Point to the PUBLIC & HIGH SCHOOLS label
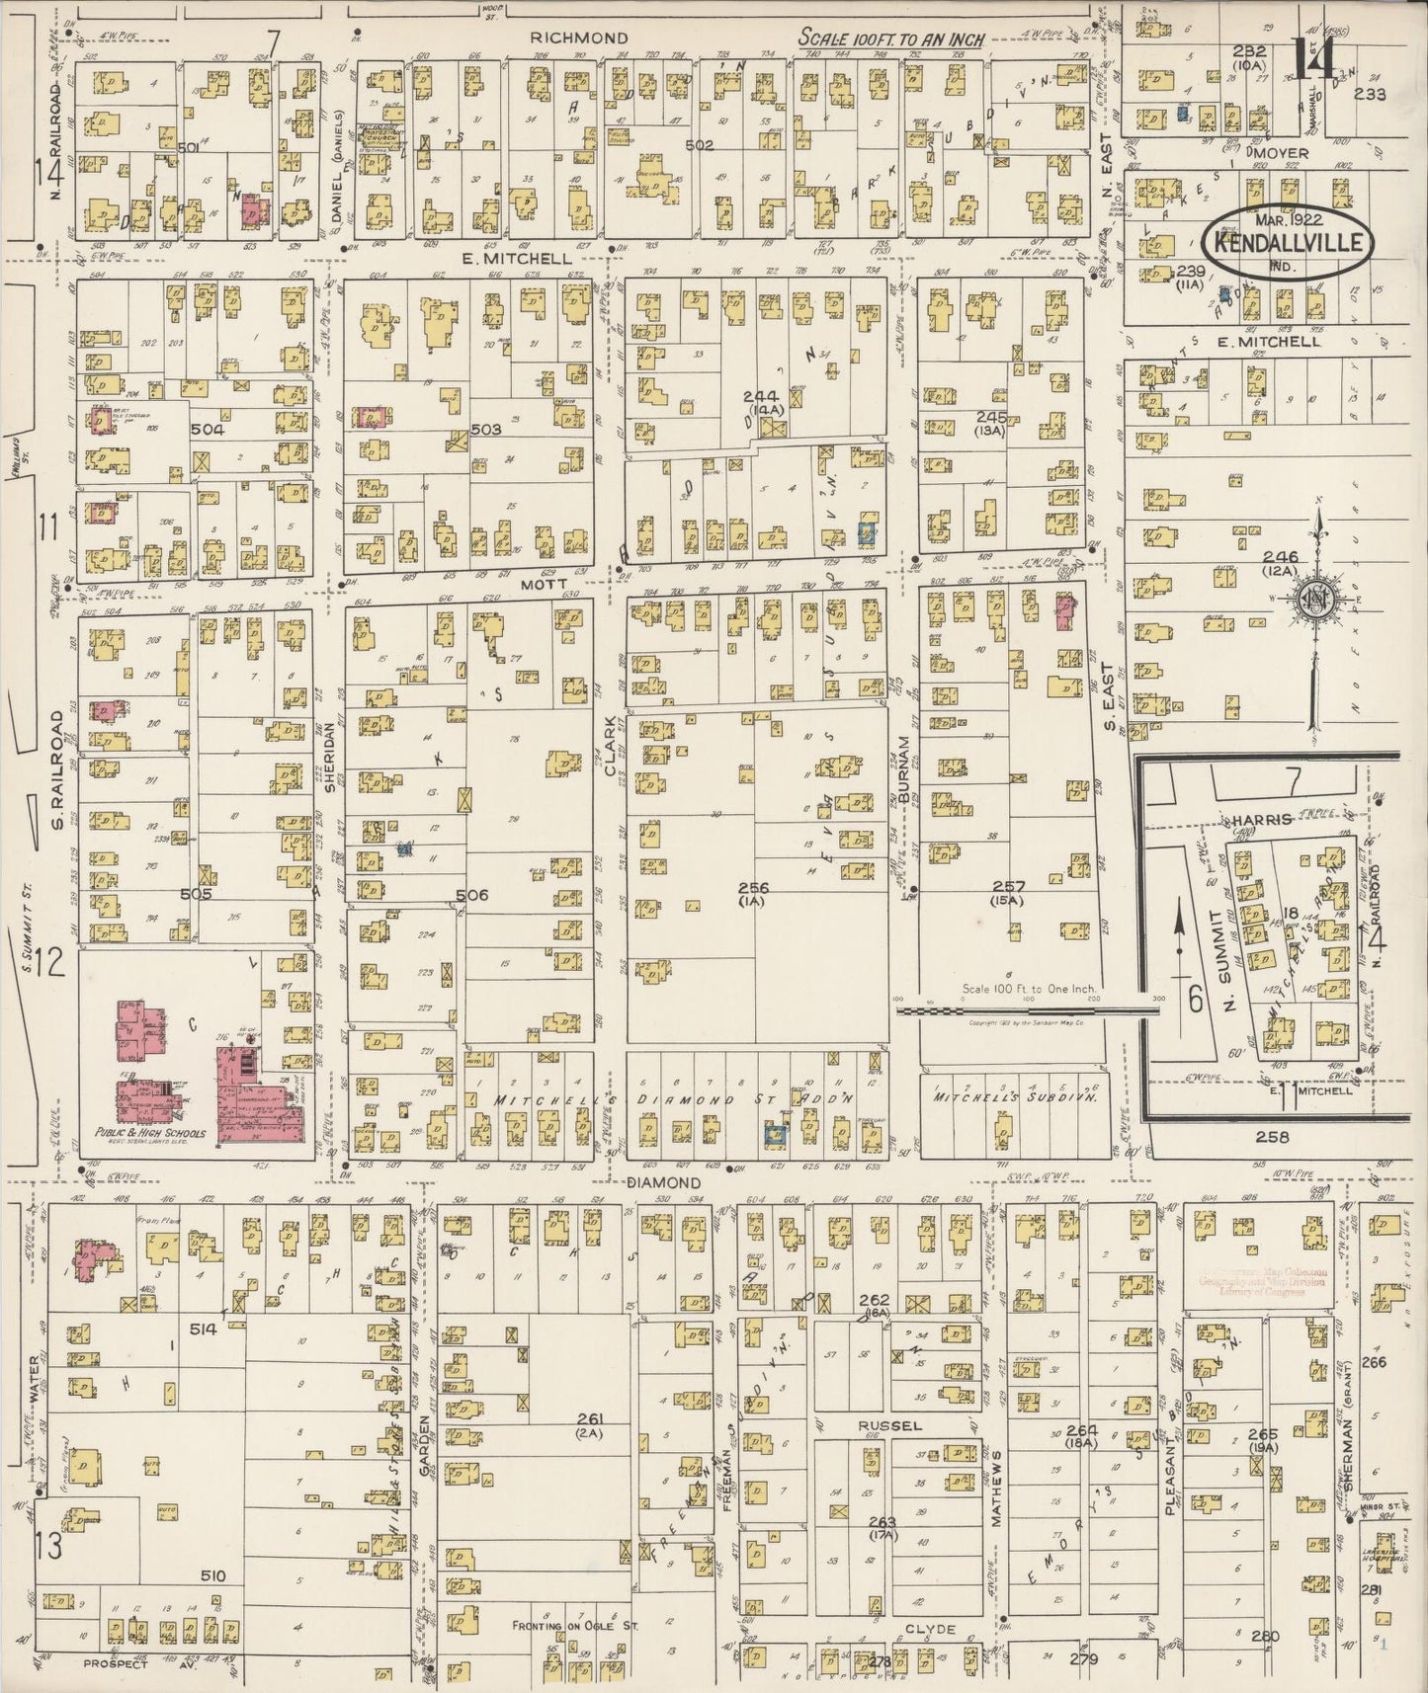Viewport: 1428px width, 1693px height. (150, 1133)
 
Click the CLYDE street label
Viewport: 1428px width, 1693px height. (929, 1630)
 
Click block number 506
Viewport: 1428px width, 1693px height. (472, 895)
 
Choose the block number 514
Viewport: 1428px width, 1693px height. (204, 1330)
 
